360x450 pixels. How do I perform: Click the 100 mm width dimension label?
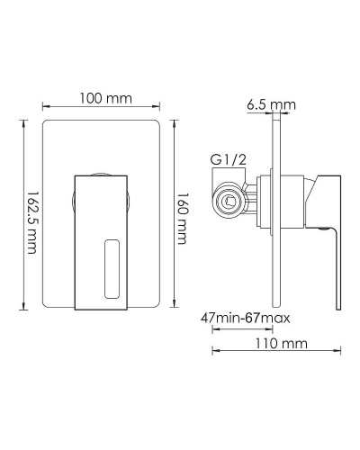pos(101,98)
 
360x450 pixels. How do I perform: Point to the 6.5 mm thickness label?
pos(271,105)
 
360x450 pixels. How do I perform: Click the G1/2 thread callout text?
pos(228,160)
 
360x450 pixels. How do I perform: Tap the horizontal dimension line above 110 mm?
pos(274,352)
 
